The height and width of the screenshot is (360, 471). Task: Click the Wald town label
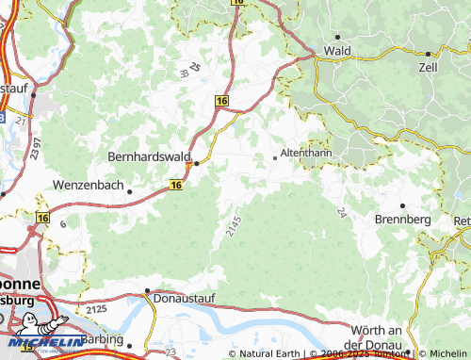pyautogui.click(x=337, y=50)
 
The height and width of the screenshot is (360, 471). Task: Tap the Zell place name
pyautogui.click(x=428, y=69)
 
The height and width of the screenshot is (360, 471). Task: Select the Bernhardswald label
pyautogui.click(x=151, y=155)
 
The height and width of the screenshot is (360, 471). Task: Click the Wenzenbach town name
pyautogui.click(x=89, y=186)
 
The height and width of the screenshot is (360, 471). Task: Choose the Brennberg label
pyautogui.click(x=402, y=219)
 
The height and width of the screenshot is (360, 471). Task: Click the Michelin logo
pyautogui.click(x=42, y=341)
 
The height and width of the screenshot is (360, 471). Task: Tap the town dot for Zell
pyautogui.click(x=428, y=54)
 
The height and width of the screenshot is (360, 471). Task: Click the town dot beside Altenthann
pyautogui.click(x=275, y=157)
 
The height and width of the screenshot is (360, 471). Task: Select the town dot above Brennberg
pyautogui.click(x=402, y=205)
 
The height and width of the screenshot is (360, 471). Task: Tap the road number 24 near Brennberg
pyautogui.click(x=338, y=212)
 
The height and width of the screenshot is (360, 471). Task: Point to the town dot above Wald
pyautogui.click(x=337, y=36)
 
